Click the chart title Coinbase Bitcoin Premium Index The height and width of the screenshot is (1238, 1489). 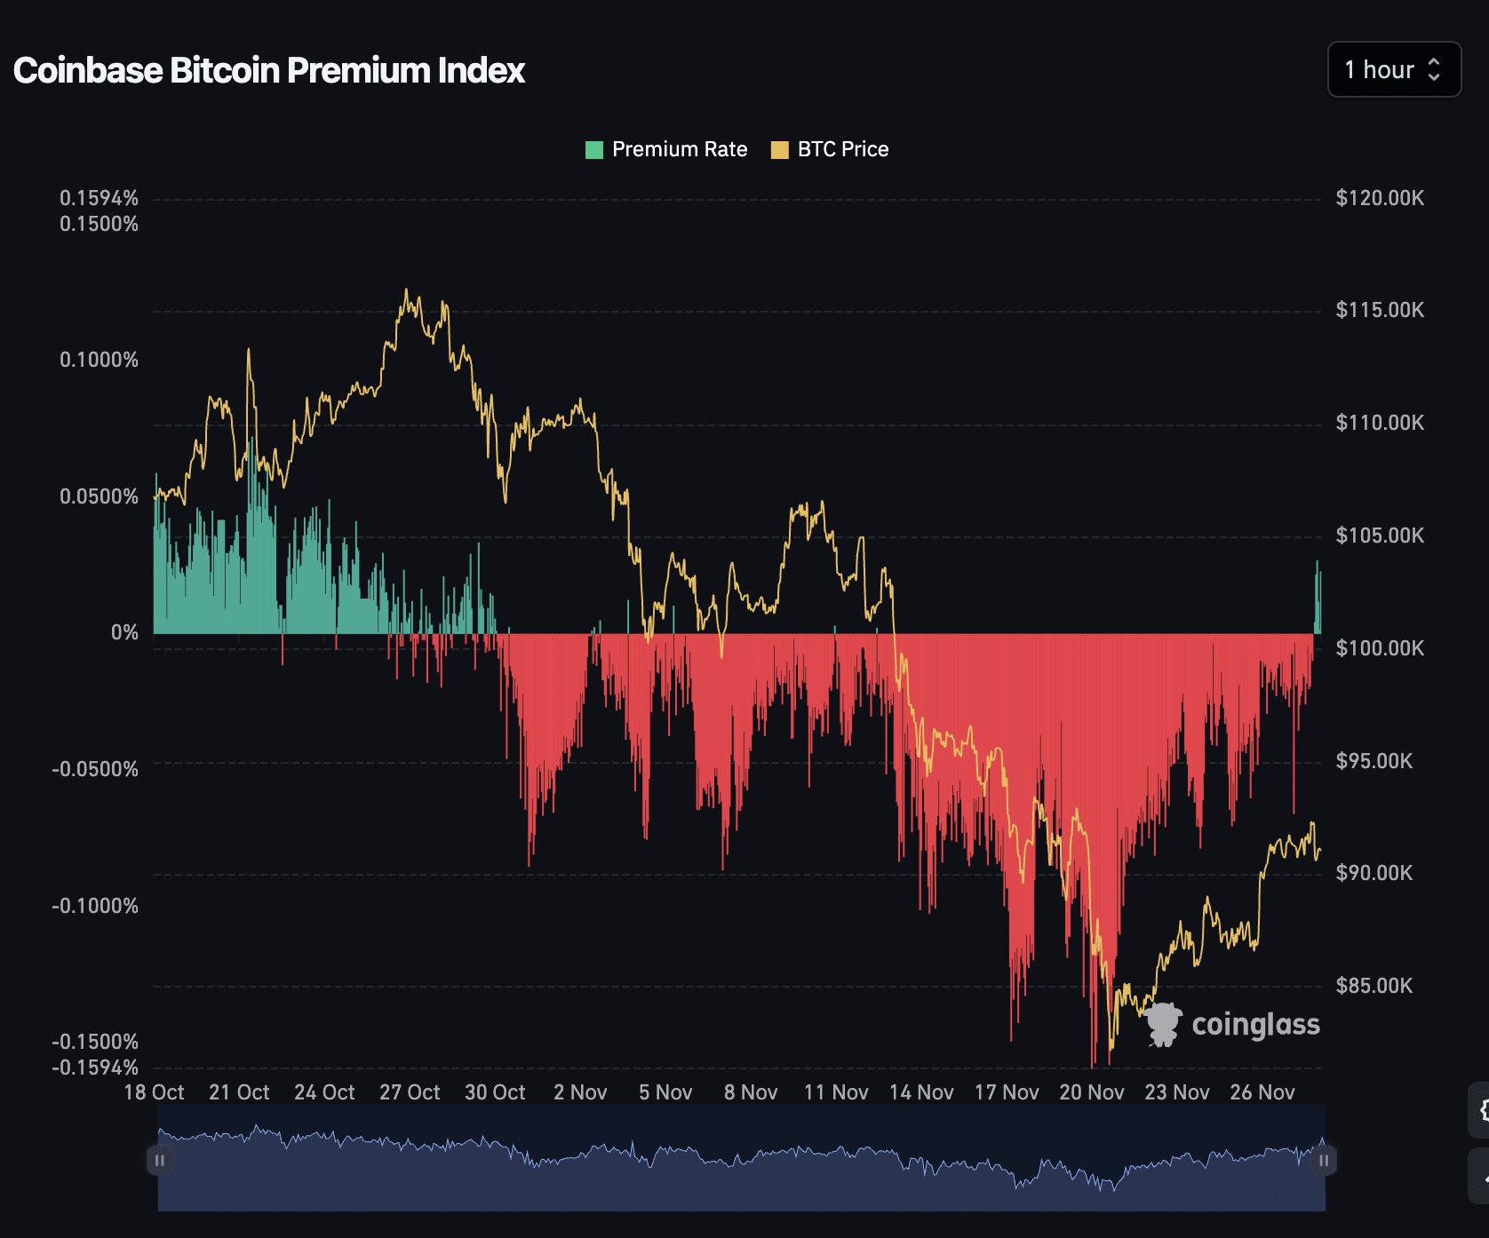click(268, 70)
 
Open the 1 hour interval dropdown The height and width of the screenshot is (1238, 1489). click(1393, 69)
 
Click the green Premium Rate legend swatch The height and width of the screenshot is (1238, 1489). click(593, 149)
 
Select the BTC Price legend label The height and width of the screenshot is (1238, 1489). click(842, 149)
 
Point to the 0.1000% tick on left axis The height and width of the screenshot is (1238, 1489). click(99, 360)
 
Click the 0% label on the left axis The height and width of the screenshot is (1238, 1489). click(124, 632)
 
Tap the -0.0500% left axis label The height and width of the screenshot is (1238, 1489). click(95, 769)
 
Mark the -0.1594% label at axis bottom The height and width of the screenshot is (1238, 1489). click(95, 1067)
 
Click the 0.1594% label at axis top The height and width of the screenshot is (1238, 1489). click(99, 198)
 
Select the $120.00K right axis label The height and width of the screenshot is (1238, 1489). click(1379, 198)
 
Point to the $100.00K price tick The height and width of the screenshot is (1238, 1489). click(1379, 648)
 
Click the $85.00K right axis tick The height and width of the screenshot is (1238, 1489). click(1374, 986)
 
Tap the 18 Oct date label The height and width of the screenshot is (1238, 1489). click(154, 1092)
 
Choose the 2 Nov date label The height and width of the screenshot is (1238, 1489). click(580, 1092)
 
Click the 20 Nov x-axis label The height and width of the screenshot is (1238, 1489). click(1092, 1092)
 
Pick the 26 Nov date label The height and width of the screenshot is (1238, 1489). click(1262, 1092)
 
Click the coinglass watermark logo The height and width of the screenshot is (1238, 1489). click(1231, 1025)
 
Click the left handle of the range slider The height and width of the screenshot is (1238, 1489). click(160, 1160)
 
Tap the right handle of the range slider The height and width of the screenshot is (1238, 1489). click(1324, 1160)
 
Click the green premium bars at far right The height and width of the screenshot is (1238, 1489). click(1318, 604)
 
